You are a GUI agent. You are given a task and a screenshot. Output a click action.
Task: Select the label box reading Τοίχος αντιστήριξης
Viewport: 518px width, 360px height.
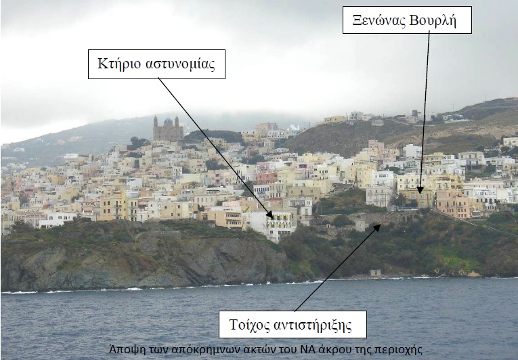click(293, 324)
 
